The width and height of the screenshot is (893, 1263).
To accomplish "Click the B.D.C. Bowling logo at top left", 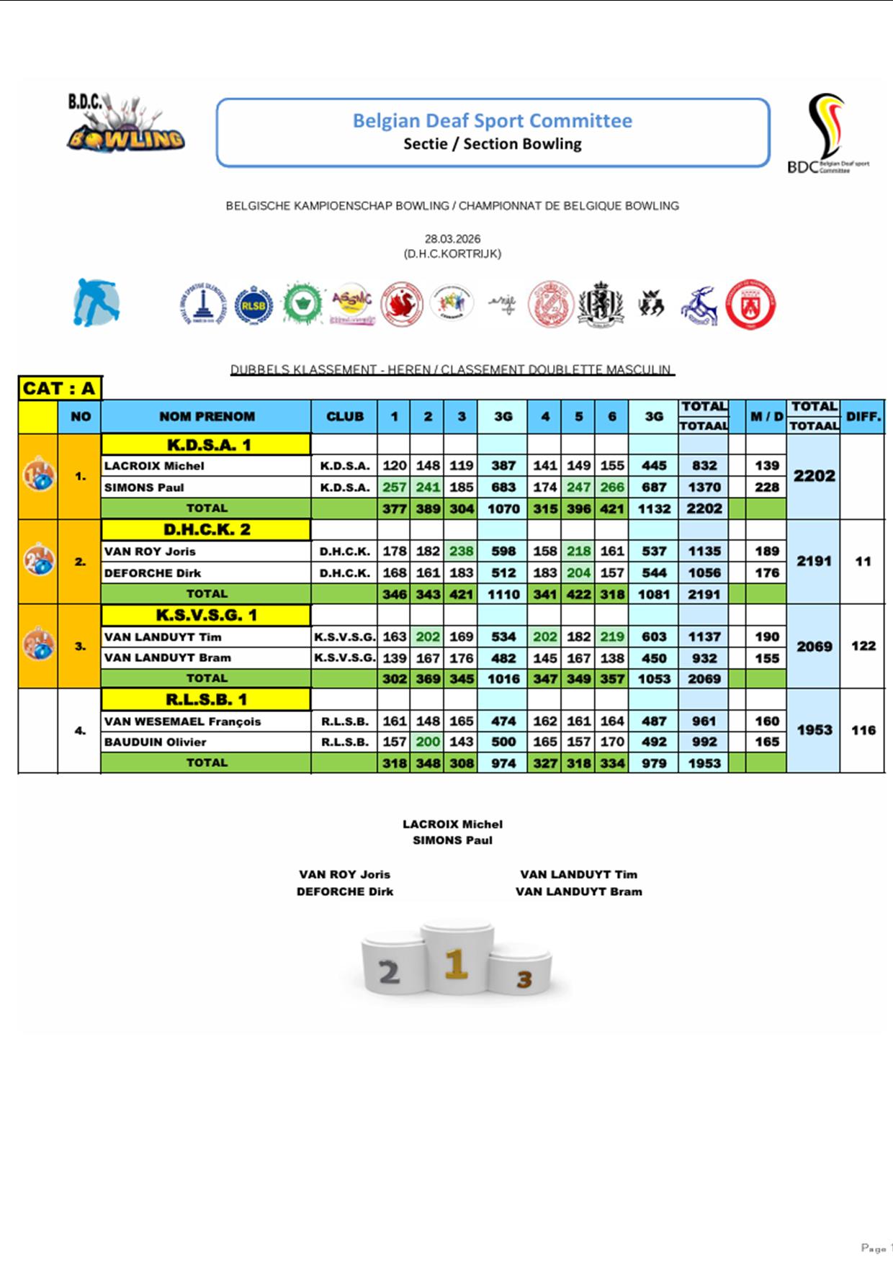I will (125, 124).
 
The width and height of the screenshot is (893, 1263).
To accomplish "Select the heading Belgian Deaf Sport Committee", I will (492, 120).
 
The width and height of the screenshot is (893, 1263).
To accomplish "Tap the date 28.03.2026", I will (452, 238).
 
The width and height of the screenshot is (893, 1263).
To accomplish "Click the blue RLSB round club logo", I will (253, 305).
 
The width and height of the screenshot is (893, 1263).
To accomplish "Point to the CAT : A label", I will (60, 388).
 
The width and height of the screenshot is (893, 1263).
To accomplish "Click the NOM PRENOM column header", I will (207, 416).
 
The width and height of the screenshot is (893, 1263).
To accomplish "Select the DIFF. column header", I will (863, 416).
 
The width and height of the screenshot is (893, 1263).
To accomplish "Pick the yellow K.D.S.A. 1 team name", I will (207, 444).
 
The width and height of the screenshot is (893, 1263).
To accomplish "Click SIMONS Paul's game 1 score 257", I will (394, 487).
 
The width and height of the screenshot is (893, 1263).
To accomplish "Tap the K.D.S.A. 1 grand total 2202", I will (814, 476).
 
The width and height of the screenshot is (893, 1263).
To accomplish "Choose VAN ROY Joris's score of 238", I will (461, 551).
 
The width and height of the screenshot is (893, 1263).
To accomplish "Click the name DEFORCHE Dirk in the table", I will (153, 572).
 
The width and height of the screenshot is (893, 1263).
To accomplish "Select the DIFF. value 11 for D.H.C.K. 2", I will (863, 561).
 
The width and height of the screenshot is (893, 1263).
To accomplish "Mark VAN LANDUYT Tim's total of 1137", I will (704, 637).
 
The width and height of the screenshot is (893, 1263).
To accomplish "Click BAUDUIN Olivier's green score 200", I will (428, 742).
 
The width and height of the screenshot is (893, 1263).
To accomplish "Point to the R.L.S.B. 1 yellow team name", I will (207, 699).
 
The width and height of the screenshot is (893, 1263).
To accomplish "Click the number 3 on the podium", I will (524, 979).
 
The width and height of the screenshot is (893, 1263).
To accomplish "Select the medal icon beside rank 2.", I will (38, 560).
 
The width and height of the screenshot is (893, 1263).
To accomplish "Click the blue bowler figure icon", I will (96, 302).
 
